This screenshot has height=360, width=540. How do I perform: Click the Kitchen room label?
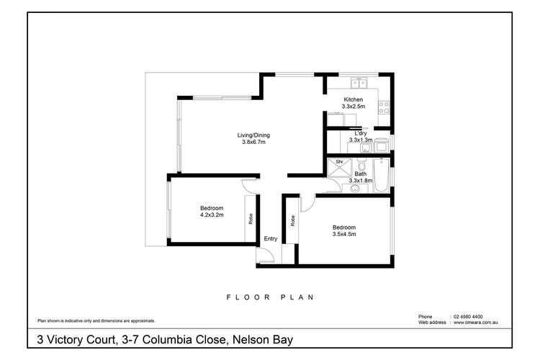click(x=353, y=99)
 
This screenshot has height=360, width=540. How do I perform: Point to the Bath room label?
click(x=360, y=174)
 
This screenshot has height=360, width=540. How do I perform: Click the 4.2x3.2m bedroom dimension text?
click(x=212, y=215)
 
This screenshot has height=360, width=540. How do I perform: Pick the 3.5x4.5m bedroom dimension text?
click(x=343, y=234)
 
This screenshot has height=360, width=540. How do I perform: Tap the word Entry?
click(x=271, y=239)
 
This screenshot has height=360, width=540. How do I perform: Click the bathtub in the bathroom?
click(x=381, y=176)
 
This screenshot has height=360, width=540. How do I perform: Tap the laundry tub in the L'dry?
click(x=365, y=149)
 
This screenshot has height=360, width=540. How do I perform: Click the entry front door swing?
click(x=266, y=254)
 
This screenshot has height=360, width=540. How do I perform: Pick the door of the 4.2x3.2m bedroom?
click(x=249, y=184)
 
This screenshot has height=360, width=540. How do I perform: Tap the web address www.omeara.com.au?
click(x=481, y=323)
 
